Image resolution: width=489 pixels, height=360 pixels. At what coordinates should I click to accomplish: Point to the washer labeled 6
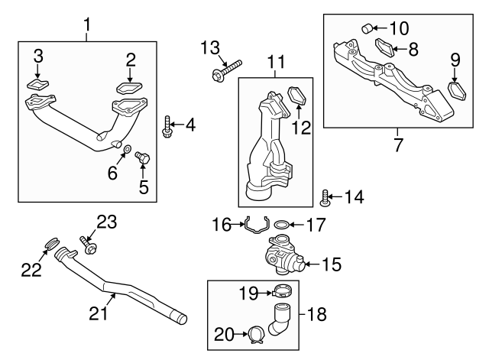(x=127, y=148)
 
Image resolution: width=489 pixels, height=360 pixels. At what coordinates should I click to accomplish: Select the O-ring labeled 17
(x=282, y=225)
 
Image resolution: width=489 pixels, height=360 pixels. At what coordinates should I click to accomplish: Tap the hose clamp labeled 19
(x=280, y=291)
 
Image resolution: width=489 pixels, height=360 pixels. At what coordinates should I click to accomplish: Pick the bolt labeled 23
(x=87, y=246)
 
